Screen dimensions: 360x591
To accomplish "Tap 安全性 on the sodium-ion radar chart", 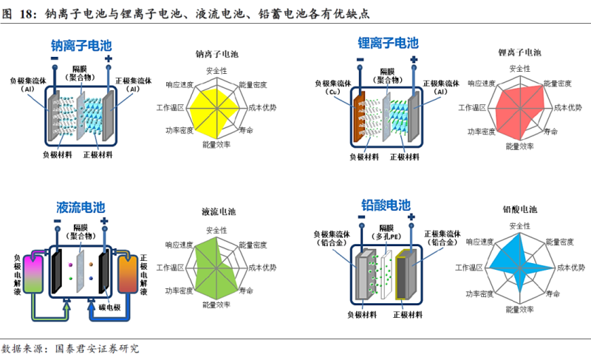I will click(x=216, y=71).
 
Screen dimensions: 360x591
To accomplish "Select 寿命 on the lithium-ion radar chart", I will click(x=551, y=132).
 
